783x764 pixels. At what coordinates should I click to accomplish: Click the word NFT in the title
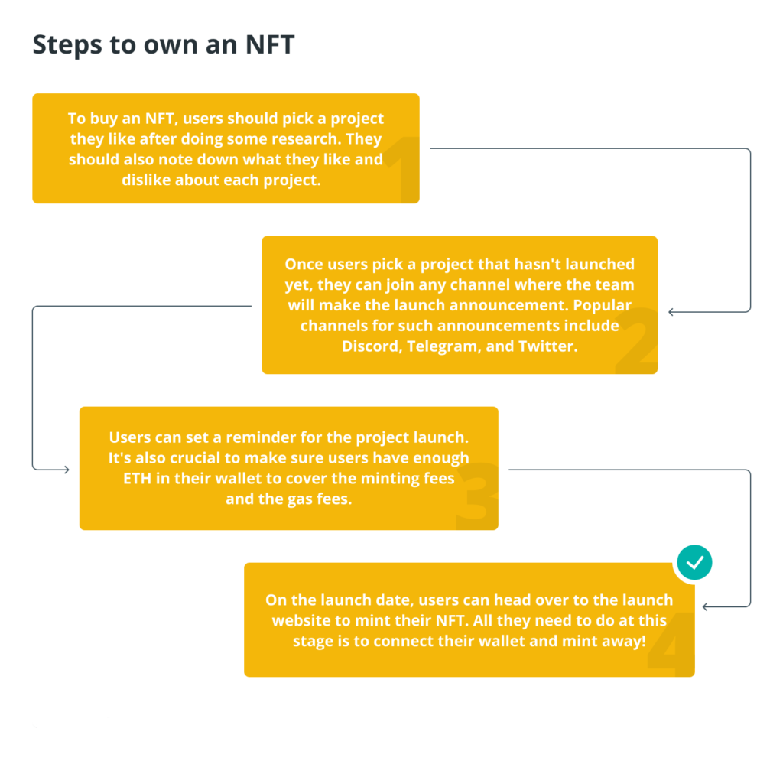270,44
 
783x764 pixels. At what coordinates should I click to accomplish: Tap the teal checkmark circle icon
694,562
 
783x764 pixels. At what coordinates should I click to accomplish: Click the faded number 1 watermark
404,169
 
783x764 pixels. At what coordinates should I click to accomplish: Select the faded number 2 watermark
637,340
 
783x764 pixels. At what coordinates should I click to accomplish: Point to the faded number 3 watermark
478,496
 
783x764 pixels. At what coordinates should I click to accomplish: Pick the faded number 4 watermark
671,643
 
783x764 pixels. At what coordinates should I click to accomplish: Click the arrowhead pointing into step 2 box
671,312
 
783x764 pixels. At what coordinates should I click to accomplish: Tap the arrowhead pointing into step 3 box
66,470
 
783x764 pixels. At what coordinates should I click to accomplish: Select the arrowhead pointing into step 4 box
705,606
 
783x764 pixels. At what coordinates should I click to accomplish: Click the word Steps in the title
68,45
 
